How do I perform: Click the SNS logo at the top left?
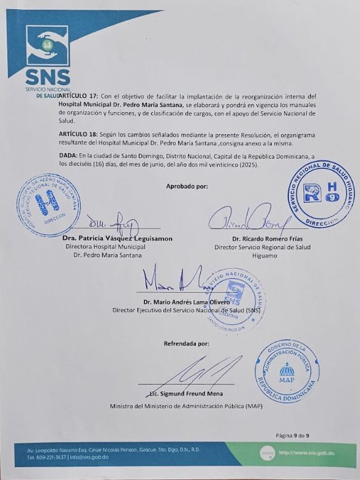[47, 55]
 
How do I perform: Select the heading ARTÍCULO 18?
[81, 133]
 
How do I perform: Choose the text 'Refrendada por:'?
[186, 344]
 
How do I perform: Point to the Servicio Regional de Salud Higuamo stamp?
[322, 197]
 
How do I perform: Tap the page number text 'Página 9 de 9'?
[293, 435]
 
